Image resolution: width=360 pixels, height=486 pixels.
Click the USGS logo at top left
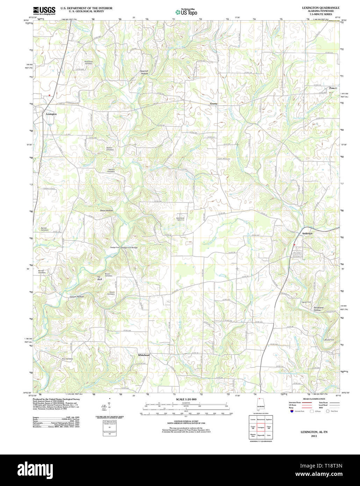[44, 10]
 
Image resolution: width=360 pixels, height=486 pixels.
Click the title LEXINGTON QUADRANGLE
[321, 8]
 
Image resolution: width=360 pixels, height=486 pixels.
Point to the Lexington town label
[51, 114]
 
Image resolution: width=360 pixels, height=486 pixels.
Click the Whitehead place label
[144, 355]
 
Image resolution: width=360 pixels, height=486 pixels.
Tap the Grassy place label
[214, 104]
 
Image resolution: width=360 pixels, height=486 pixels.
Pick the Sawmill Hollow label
[144, 72]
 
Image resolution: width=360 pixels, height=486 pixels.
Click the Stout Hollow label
[106, 210]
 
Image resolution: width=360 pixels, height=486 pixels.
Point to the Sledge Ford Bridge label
[129, 248]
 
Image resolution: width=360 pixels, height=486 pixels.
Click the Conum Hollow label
[77, 296]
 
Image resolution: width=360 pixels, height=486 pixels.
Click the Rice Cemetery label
[67, 359]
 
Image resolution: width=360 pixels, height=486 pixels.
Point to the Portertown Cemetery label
[88, 63]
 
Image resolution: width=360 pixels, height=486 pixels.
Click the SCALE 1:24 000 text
[186, 399]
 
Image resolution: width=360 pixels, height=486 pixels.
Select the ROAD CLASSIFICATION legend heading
[314, 399]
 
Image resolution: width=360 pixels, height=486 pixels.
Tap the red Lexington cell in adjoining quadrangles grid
[261, 428]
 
